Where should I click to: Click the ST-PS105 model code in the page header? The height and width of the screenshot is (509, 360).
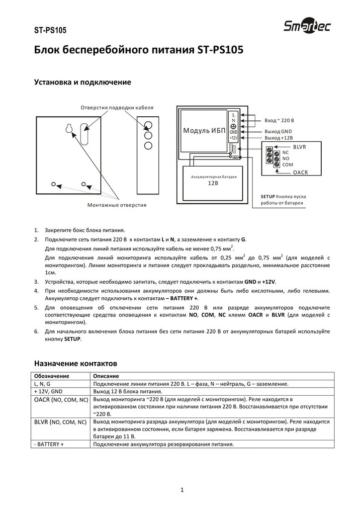[50, 30]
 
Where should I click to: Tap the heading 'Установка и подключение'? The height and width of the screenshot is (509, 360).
[82, 82]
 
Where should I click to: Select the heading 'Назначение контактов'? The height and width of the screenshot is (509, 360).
[75, 363]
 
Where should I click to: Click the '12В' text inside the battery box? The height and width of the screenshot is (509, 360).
[214, 183]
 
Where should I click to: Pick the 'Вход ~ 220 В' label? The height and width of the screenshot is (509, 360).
[279, 121]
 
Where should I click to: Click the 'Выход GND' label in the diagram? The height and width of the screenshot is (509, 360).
[278, 131]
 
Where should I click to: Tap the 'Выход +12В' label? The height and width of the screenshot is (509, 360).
[279, 138]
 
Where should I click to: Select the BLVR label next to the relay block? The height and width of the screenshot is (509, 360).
[300, 147]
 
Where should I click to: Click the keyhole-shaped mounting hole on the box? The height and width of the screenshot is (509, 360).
[69, 129]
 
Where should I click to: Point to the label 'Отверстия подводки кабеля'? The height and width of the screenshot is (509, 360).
[117, 108]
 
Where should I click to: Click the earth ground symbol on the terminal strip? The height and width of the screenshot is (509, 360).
[233, 126]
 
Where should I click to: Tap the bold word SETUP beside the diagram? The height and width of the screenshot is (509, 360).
[269, 196]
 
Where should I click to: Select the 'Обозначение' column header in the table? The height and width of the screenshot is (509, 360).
[52, 376]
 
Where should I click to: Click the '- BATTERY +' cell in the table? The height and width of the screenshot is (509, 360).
[49, 444]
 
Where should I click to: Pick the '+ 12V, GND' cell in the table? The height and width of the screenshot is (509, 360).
[48, 392]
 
